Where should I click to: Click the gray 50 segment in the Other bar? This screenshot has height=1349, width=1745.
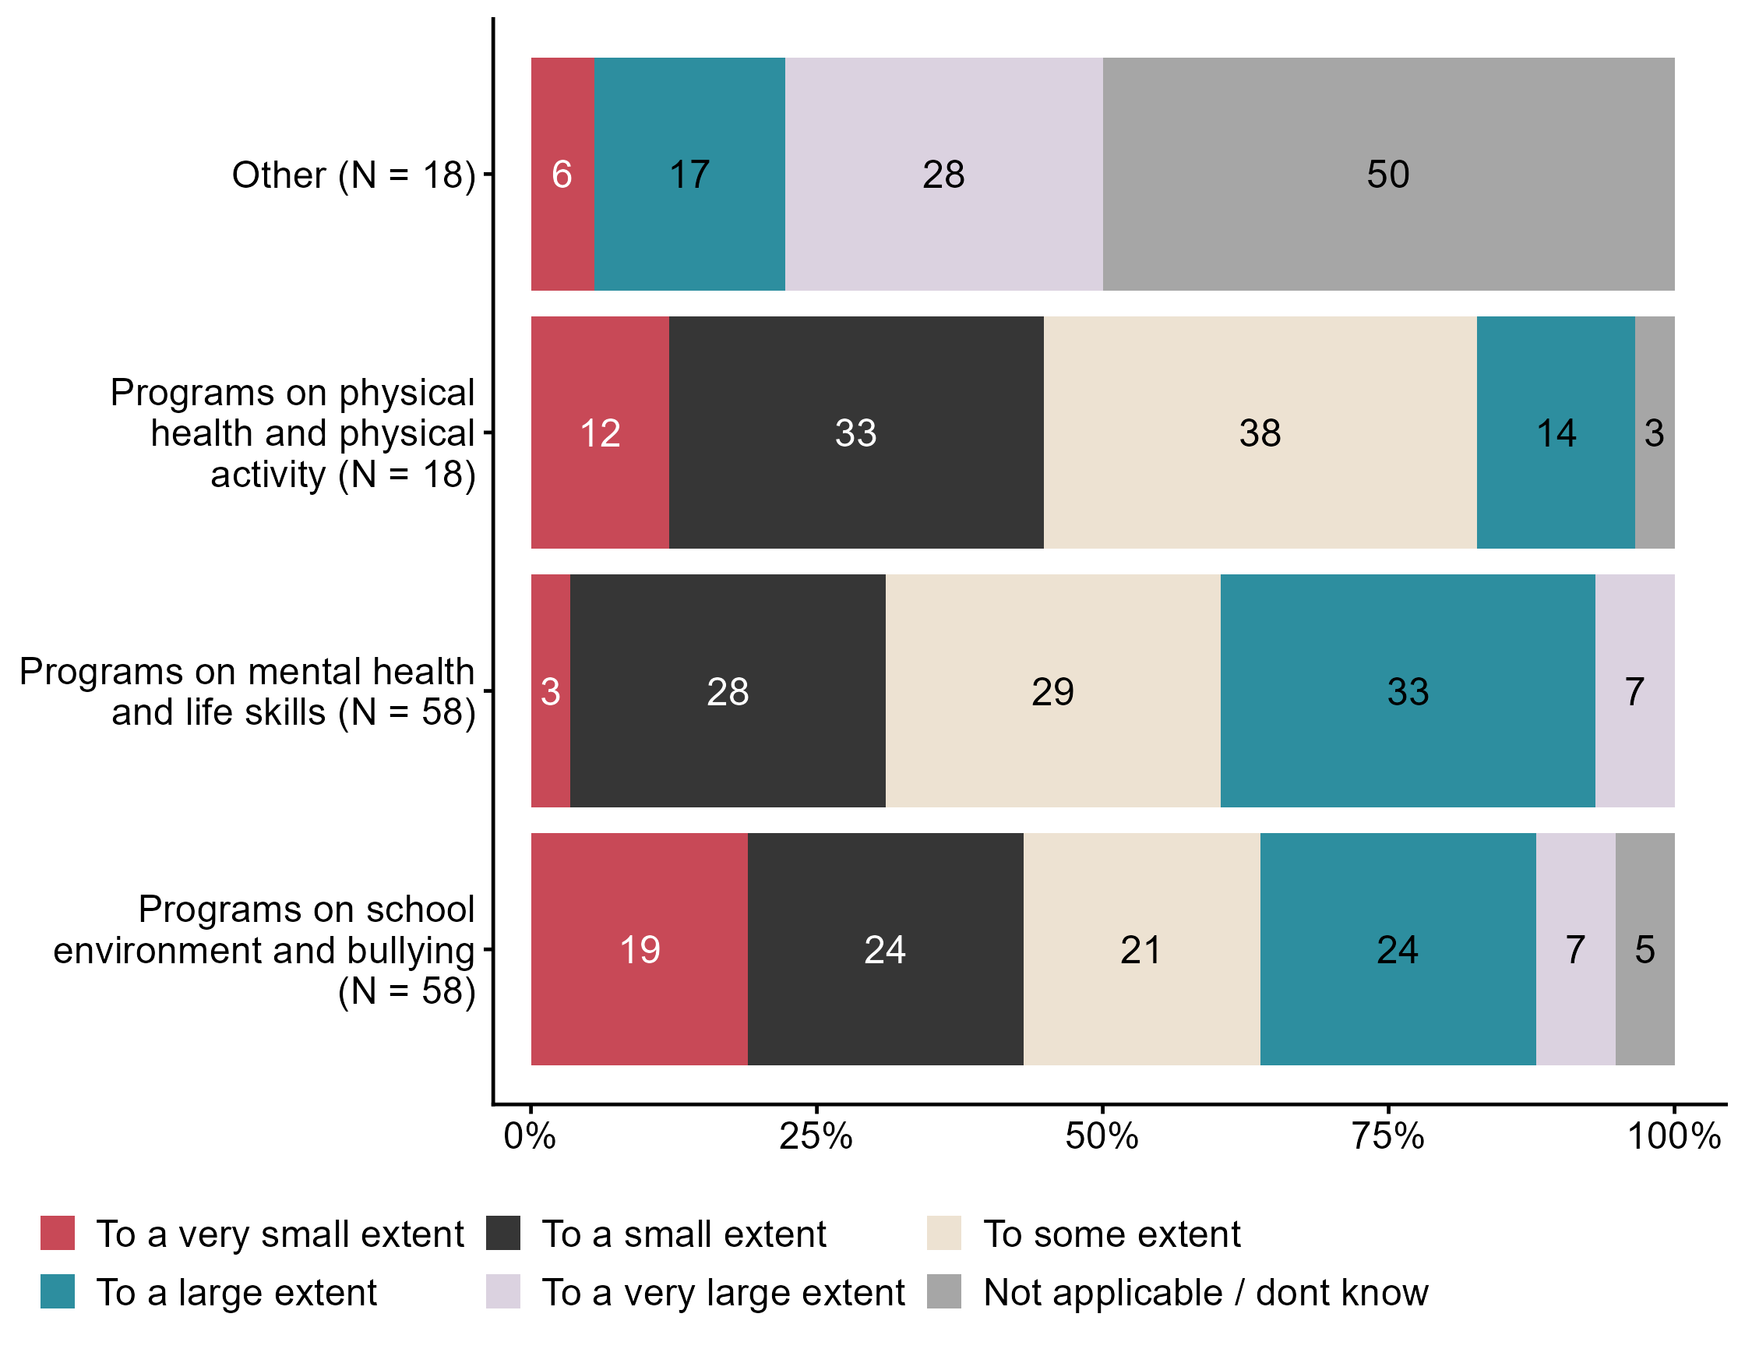1388,175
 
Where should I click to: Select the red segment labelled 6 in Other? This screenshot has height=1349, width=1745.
562,175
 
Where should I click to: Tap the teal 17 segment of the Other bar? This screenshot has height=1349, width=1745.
689,175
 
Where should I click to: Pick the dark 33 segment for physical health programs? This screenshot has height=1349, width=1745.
855,433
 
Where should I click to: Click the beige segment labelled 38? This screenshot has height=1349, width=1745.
1259,433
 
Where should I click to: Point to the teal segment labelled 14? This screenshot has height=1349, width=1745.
1555,433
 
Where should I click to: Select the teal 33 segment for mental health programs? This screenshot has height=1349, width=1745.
1407,690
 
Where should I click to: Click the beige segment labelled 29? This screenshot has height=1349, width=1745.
1052,690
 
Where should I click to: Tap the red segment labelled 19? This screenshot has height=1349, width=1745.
640,948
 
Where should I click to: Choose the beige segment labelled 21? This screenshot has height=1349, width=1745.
1141,948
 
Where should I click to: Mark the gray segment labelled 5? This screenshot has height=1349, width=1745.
1645,948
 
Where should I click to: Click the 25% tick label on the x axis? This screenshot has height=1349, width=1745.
816,1136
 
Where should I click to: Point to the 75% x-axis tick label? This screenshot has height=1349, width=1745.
1388,1136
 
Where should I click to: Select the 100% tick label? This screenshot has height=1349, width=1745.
1674,1136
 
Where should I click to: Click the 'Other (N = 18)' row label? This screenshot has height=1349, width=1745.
353,175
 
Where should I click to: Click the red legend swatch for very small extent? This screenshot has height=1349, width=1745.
58,1233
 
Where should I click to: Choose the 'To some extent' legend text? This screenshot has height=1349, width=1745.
1112,1234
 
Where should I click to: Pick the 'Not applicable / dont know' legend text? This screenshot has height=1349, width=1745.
1206,1292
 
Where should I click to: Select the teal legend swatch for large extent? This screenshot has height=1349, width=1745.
58,1291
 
